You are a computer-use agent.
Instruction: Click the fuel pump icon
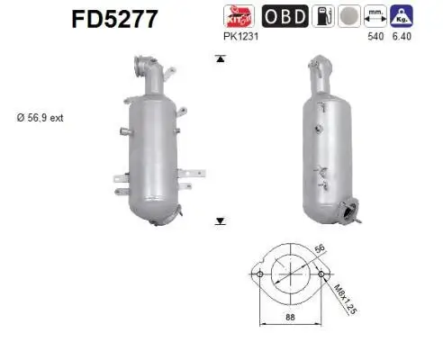click(x=323, y=15)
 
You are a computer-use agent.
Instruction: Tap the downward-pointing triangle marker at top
click(x=219, y=59)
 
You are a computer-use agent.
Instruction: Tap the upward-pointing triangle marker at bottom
click(x=219, y=220)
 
